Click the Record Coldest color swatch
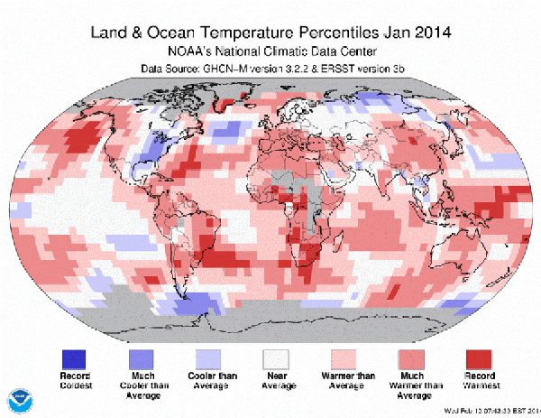point(76,358)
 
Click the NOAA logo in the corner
point(18,399)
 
